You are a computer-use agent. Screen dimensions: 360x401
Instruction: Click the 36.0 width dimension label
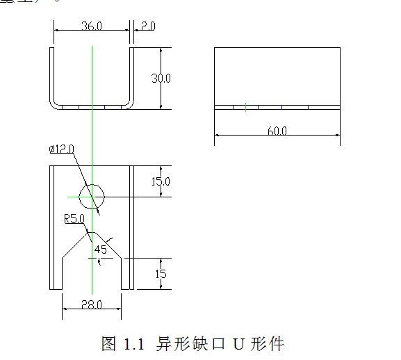click(92, 26)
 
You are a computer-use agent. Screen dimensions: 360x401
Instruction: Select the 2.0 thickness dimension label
click(147, 26)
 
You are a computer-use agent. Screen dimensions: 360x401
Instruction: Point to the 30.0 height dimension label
click(161, 79)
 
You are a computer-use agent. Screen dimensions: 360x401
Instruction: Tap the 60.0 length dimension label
click(277, 131)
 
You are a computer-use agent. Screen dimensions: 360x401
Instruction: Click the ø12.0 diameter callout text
click(61, 149)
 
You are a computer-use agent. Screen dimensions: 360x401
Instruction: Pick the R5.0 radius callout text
click(74, 219)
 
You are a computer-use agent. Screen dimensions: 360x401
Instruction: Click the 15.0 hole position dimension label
click(161, 182)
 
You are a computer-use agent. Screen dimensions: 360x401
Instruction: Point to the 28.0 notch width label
click(91, 304)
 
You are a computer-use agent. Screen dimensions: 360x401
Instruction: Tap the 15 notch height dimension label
click(161, 274)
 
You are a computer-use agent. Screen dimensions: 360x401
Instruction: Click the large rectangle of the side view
click(277, 76)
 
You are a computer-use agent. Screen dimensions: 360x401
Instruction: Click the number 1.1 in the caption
click(133, 343)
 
